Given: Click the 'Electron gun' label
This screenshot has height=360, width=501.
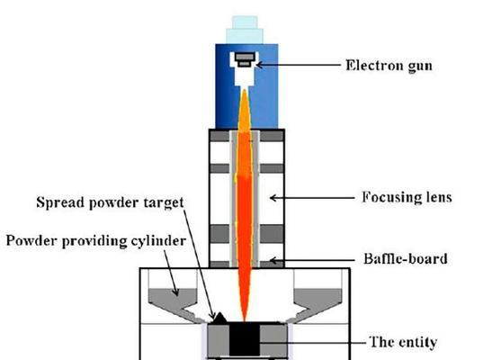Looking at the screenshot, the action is tap(389, 66).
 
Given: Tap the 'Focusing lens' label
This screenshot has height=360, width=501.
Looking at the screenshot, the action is tap(407, 197).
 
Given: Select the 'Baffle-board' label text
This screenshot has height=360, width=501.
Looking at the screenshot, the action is tap(406, 258).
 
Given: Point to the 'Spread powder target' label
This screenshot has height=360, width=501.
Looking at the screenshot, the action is tap(110, 202).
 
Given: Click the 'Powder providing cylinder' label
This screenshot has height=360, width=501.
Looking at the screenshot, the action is tap(96, 241).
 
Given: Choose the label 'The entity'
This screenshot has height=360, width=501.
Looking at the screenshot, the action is tap(403, 342).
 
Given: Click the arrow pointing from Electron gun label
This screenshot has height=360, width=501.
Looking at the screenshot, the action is tap(299, 65).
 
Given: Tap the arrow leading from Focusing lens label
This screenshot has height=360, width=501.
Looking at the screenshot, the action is tap(312, 198).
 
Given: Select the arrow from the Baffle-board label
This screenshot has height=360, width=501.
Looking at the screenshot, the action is tap(313, 260).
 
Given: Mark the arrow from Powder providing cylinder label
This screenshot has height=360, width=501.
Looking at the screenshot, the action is tap(171, 273).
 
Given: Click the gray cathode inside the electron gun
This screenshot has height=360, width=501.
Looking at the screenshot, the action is tap(245, 59).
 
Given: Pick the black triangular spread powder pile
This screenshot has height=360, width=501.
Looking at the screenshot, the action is tap(219, 318).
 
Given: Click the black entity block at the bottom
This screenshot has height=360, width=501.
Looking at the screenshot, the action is tap(245, 339).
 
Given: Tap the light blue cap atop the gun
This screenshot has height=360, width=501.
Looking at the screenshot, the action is tap(245, 30).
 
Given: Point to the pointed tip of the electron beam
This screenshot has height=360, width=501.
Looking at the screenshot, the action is tap(245, 320).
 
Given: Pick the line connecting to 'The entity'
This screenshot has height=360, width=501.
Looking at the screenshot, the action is tap(312, 343).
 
